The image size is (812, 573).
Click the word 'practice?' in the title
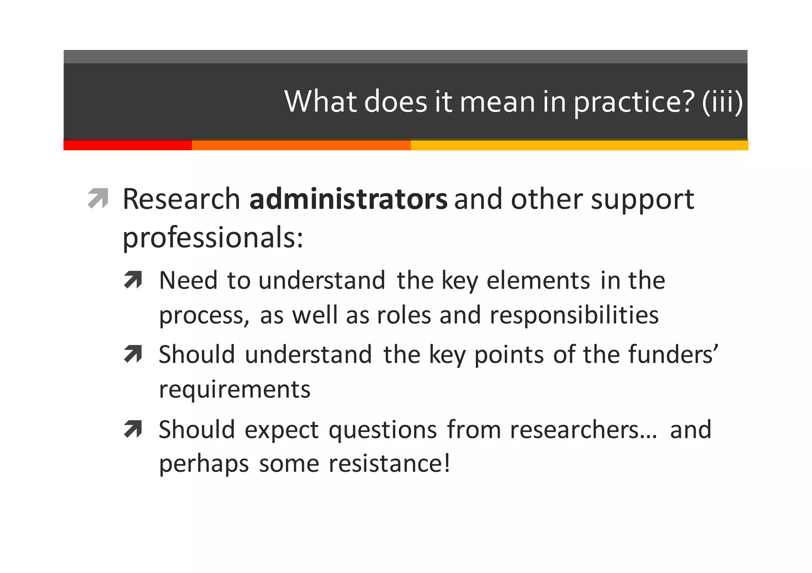click(x=634, y=102)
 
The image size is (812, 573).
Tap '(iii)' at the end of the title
click(x=722, y=102)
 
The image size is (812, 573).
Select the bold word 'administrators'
click(x=348, y=199)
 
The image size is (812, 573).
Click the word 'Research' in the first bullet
click(x=181, y=199)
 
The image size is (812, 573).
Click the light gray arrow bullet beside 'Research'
click(x=98, y=198)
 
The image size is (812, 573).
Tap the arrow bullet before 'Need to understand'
click(x=133, y=280)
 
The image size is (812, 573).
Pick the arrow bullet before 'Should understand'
click(x=133, y=354)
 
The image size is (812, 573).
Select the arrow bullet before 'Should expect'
click(x=133, y=429)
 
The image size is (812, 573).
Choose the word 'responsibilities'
click(x=574, y=316)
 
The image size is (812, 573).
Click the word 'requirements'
click(x=235, y=390)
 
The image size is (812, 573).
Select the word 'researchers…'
click(x=583, y=430)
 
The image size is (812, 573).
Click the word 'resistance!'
click(x=389, y=464)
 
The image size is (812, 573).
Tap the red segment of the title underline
click(x=128, y=145)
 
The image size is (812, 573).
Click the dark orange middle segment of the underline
click(x=301, y=145)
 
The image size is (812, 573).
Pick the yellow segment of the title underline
click(x=579, y=145)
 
